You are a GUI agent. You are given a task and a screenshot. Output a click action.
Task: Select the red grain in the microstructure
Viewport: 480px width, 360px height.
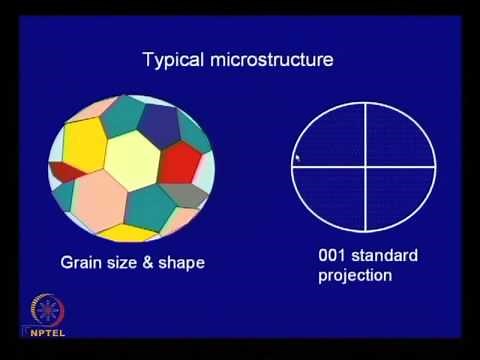[x=182, y=161]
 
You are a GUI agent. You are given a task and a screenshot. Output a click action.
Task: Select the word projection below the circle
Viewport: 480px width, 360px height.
[x=355, y=275]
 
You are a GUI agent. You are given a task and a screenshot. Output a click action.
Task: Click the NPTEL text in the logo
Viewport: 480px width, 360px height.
[x=41, y=328]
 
